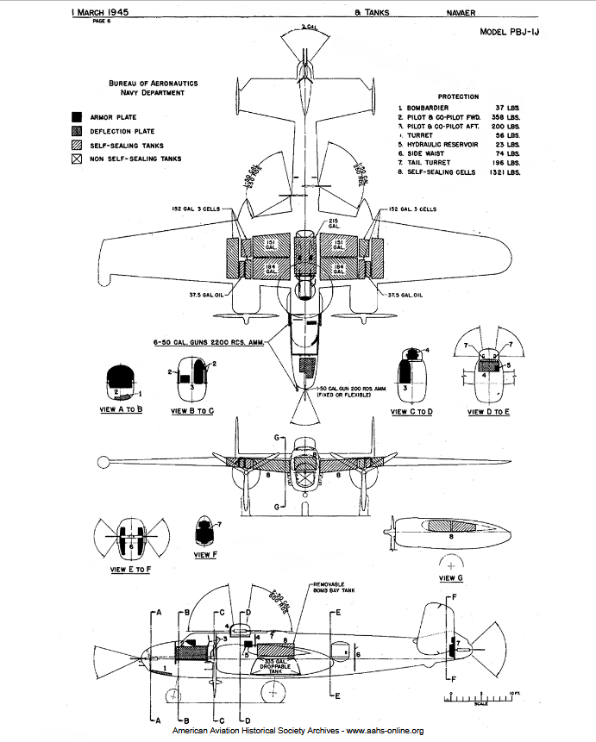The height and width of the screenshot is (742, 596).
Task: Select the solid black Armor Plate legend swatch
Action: pyautogui.click(x=77, y=116)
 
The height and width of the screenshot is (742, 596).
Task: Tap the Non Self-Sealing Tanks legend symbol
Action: pyautogui.click(x=77, y=159)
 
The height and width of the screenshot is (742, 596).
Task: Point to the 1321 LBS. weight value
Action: pyautogui.click(x=507, y=172)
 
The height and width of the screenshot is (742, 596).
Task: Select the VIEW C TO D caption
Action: pyautogui.click(x=411, y=412)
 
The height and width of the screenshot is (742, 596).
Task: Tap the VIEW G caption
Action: pyautogui.click(x=451, y=577)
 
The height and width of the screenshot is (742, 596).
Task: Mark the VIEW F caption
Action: pyautogui.click(x=205, y=554)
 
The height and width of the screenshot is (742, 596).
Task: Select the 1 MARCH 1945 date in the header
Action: pyautogui.click(x=99, y=13)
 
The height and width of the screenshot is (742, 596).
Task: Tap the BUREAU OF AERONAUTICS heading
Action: pyautogui.click(x=153, y=83)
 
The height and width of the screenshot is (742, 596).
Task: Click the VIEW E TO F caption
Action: pyautogui.click(x=132, y=570)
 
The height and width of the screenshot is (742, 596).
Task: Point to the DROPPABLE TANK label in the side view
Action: pyautogui.click(x=276, y=666)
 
